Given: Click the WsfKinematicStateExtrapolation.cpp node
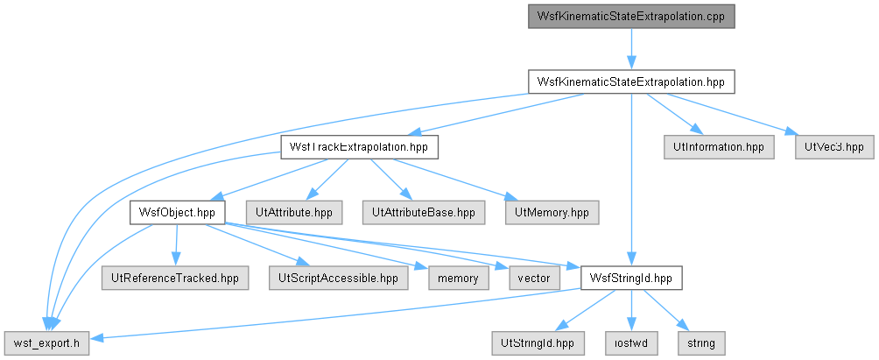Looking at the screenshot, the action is click(631, 17).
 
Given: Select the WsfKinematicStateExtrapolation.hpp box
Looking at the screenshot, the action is click(631, 81).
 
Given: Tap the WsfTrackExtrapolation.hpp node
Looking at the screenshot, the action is click(359, 147).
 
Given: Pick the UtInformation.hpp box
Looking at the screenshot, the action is click(719, 147).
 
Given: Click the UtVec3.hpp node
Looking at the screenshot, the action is click(834, 147).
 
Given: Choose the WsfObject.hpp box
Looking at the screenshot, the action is click(177, 213).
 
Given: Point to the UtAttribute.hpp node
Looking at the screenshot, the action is click(294, 213).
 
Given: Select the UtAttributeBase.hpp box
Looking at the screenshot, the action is click(423, 213).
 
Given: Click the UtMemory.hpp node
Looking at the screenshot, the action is click(552, 213).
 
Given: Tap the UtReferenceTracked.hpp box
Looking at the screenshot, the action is click(174, 279).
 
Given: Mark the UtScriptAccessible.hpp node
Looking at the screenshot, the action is click(338, 279).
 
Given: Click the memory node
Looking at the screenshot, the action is click(459, 279).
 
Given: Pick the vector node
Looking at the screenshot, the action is click(534, 279).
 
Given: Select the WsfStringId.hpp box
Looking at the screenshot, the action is click(631, 279).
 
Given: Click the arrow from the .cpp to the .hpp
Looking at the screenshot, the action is click(631, 49).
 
